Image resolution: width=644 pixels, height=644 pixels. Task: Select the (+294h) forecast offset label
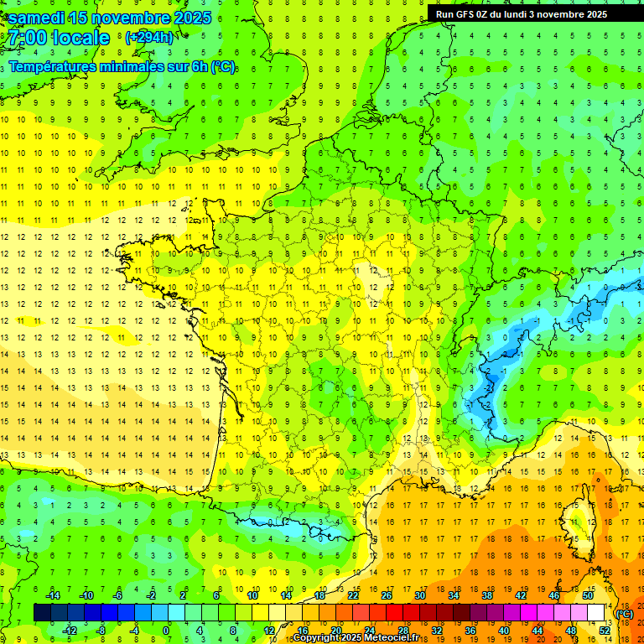click(148, 37)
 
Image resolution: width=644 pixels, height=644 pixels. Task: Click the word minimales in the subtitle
click(122, 67)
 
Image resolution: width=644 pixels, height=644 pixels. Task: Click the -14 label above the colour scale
click(52, 595)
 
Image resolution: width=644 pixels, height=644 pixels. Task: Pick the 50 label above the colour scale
click(587, 595)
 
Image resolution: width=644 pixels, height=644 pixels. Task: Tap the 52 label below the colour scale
click(605, 631)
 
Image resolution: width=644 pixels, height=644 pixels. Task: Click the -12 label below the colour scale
click(70, 631)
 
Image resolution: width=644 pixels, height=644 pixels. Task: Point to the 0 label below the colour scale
click(167, 631)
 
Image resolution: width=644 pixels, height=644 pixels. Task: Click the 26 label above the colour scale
click(386, 595)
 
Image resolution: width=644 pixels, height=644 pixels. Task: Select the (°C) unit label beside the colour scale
click(624, 614)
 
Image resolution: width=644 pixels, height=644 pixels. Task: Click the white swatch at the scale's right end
click(596, 613)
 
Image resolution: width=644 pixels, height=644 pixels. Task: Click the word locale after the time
click(80, 38)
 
